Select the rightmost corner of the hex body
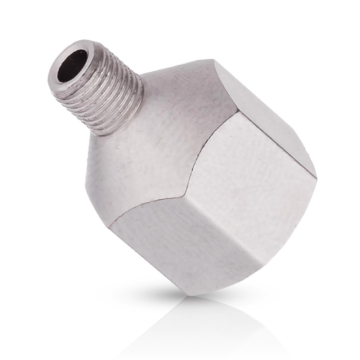pos(316,177)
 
